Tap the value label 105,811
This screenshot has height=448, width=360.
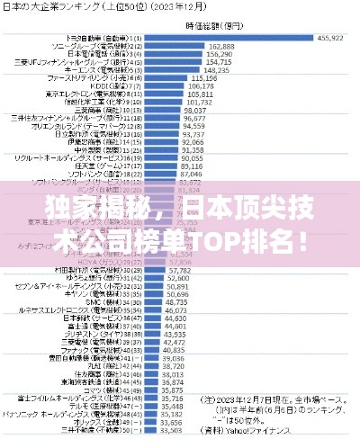coord(200,94)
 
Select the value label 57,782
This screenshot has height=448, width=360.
coord(179,270)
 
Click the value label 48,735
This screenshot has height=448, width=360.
coord(176,302)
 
